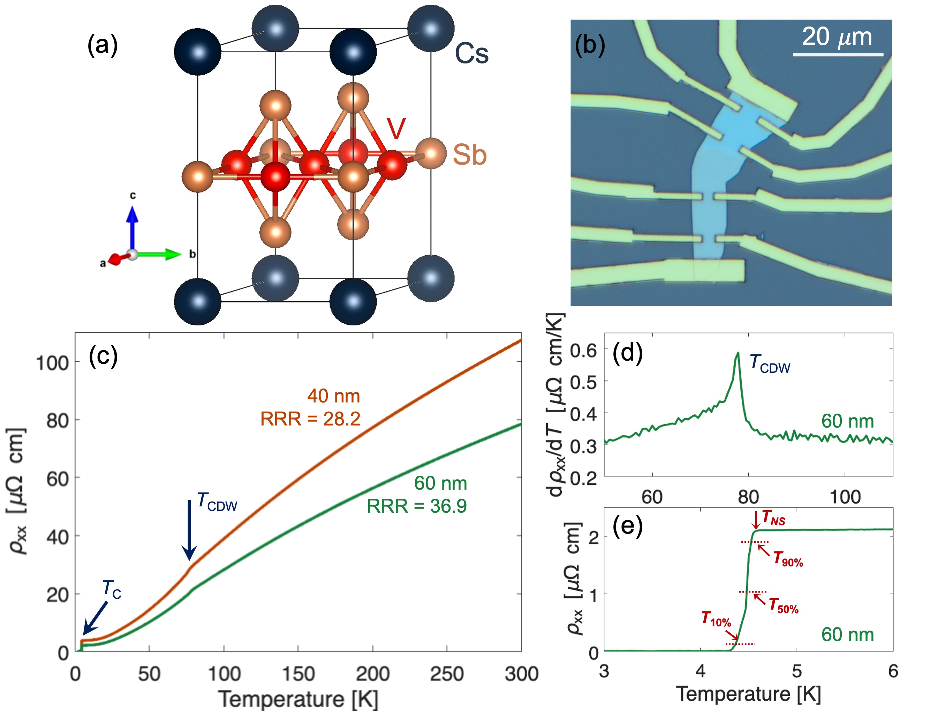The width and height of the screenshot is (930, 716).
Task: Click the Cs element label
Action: click(x=471, y=54)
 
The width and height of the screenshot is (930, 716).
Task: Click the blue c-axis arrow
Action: click(x=133, y=226)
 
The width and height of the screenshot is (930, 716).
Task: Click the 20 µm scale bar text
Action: click(x=837, y=37)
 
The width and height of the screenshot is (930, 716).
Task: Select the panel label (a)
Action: click(x=102, y=45)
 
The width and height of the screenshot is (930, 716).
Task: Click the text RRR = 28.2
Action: click(x=310, y=419)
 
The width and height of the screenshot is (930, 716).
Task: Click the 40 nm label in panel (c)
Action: click(x=333, y=396)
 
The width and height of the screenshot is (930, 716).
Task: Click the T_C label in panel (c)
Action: click(x=112, y=589)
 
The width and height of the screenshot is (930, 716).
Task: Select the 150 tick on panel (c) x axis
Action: click(x=298, y=674)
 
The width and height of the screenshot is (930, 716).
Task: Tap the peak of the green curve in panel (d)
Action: click(x=738, y=353)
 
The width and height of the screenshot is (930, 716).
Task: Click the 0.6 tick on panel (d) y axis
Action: click(x=583, y=351)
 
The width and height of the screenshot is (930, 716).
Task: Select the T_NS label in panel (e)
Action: click(x=773, y=518)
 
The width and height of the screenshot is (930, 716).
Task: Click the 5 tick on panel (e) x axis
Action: click(x=797, y=672)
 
